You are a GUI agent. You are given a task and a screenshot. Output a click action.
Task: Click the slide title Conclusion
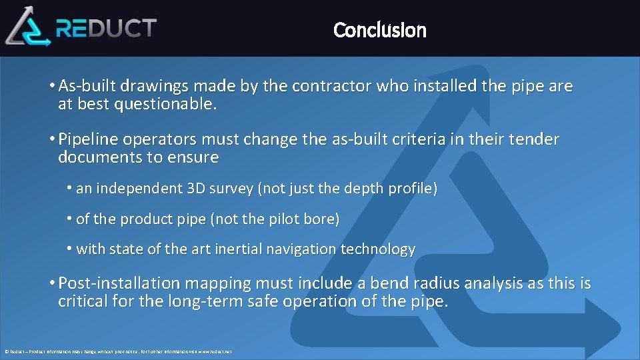coord(379,30)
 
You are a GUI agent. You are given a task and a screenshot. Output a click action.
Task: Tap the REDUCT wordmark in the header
coord(106,28)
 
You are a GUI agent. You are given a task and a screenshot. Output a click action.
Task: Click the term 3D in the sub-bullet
coord(197,189)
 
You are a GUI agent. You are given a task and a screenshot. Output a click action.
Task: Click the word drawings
coord(144,86)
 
